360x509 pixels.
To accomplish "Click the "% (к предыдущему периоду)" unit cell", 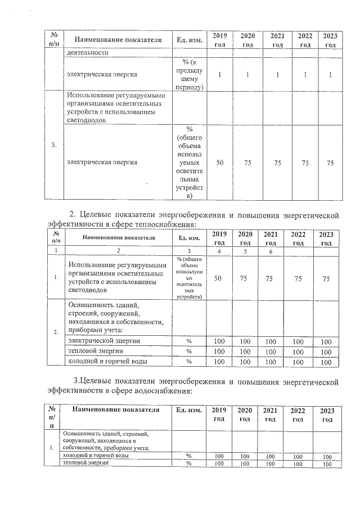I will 189,74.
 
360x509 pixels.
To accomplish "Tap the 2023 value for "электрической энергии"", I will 326,341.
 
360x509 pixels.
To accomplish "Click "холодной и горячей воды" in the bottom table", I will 95,456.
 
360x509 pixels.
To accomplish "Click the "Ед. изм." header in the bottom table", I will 188,410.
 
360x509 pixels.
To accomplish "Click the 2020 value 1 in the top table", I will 247,74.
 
